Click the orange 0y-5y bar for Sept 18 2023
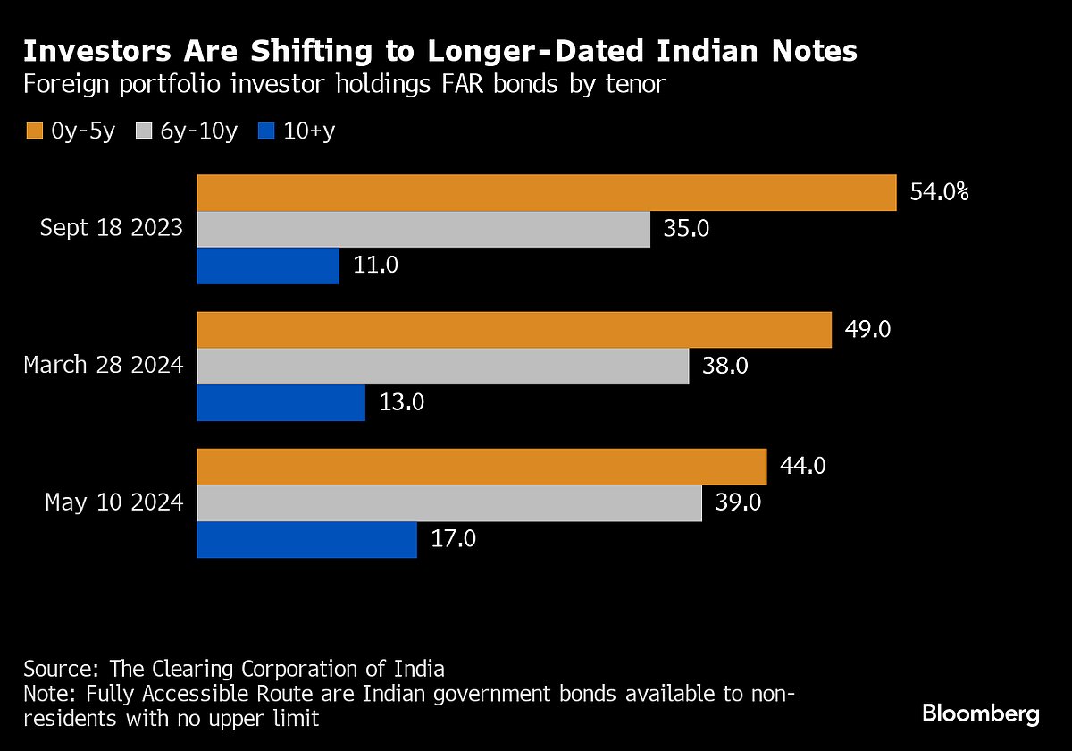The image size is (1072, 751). pos(546,193)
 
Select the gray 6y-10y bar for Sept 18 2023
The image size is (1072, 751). pos(423,229)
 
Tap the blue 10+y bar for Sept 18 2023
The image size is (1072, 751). pos(268,266)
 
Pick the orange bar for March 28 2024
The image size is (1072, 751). pos(514,330)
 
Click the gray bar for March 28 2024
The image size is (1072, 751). pos(442,366)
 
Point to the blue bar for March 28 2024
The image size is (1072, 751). pos(281,402)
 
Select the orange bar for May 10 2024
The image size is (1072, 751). pos(482,467)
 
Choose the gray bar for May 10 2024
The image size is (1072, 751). pos(448,502)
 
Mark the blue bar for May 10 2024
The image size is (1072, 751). pos(306,539)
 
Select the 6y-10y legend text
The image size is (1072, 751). pos(199,131)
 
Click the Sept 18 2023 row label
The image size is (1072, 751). pos(112,229)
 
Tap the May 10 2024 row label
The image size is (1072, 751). pos(114,502)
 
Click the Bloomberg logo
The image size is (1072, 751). pos(980,714)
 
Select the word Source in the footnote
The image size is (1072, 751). pos(60,669)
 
